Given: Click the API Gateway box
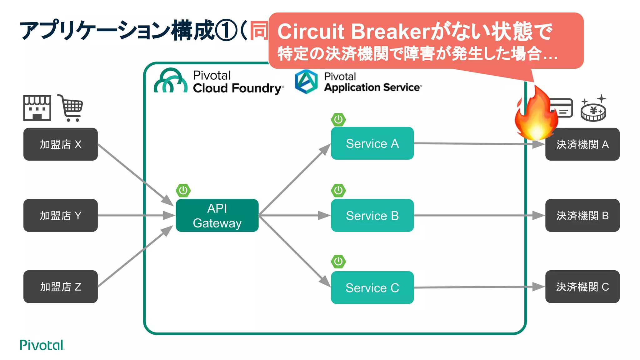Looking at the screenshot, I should point(217,215).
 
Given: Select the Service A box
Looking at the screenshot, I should point(372,143).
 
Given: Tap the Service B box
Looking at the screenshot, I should point(372,215).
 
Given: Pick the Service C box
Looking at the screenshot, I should point(372,287).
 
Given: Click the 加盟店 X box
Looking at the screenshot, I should point(60,144).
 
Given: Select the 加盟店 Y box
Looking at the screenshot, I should point(60,215).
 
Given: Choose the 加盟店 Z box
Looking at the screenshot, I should point(60,287).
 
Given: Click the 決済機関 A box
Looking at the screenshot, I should point(582,144).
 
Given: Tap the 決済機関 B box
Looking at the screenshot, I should point(582,215).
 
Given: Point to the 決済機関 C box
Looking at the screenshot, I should point(582,287).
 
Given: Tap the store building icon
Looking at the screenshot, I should point(37,108).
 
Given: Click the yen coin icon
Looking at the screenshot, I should point(593,110).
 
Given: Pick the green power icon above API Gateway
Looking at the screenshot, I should point(183,190).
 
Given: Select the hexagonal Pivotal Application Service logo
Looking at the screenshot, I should point(306,82).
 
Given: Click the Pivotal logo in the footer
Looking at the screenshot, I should point(42,345).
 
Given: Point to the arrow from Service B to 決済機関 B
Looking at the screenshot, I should point(478,215).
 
